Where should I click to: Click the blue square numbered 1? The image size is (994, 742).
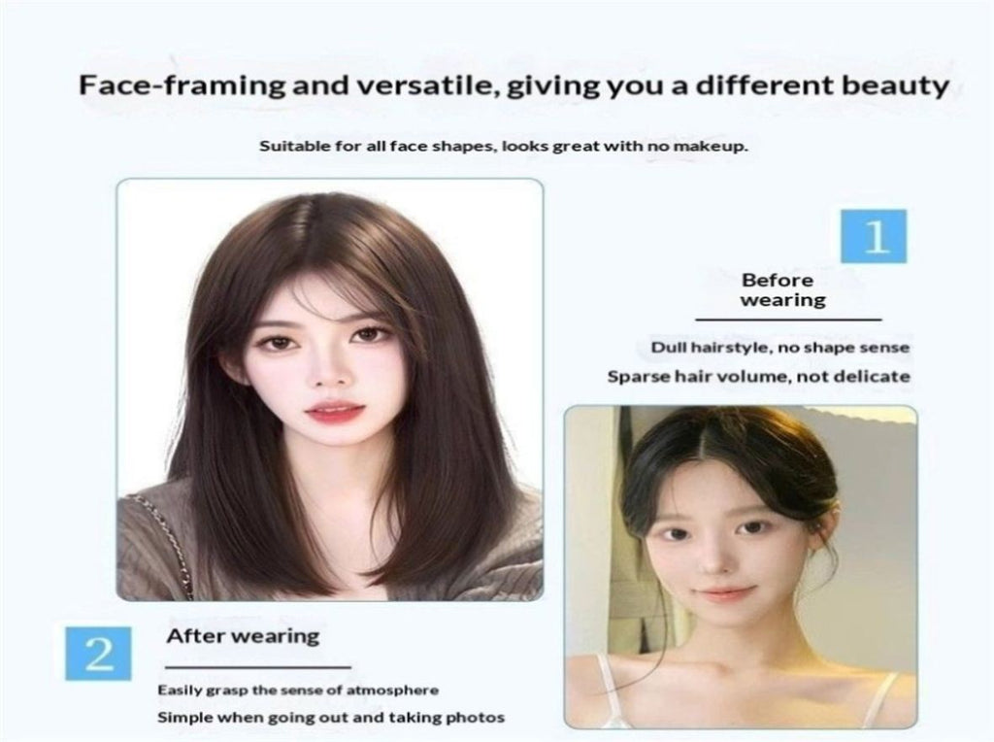point(874,236)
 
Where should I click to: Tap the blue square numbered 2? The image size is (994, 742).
point(98,654)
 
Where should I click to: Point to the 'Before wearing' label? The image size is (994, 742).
point(783,289)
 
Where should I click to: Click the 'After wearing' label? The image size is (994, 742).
point(243,636)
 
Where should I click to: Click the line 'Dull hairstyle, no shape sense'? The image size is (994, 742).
point(780,348)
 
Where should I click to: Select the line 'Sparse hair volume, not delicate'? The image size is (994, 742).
point(759,377)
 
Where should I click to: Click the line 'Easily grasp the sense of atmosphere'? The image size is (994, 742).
point(298,690)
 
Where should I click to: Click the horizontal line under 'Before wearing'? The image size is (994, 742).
point(788,320)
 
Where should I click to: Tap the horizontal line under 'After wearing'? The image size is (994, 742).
point(258,667)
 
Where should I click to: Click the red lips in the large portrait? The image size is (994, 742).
point(335,411)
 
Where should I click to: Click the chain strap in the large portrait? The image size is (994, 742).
point(166,539)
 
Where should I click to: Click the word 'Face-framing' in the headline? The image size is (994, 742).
point(182,85)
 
